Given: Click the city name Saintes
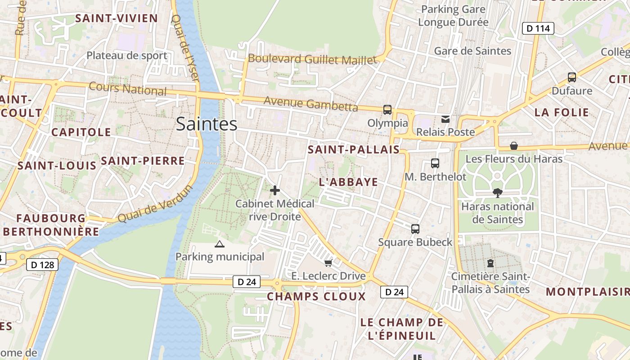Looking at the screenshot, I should tap(207, 124).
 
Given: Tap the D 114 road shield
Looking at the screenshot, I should tap(538, 28).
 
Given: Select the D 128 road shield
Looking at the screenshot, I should tap(43, 265).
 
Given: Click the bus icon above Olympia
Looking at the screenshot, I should tap(387, 109).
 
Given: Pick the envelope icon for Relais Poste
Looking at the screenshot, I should tap(445, 119).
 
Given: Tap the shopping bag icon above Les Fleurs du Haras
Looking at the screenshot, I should tap(513, 146).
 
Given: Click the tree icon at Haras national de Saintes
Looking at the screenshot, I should tap(497, 193).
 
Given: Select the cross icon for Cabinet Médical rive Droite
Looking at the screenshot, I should tap(275, 190).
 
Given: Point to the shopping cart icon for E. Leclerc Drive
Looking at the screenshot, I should tap(328, 263).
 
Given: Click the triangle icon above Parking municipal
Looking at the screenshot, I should tap(219, 244).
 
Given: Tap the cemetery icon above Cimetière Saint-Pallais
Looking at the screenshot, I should tap(490, 263).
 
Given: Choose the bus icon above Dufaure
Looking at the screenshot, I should tap(571, 77).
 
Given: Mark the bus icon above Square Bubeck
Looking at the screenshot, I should tap(415, 229).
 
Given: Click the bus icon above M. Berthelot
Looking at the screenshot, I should tap(435, 163).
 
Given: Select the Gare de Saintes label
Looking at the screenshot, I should tap(472, 51).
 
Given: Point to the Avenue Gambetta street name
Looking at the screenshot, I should tap(310, 103).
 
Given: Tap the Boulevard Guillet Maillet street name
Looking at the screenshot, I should tap(312, 59).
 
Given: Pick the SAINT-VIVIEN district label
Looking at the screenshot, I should tap(116, 18).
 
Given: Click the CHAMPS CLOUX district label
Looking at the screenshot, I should tap(316, 297).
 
